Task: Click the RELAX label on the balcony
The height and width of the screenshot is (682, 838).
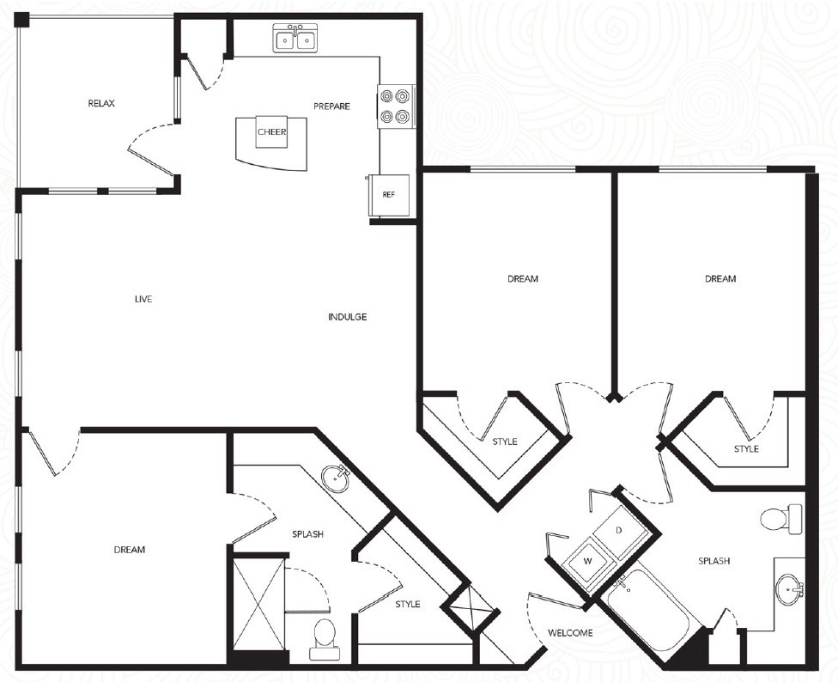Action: pos(101,104)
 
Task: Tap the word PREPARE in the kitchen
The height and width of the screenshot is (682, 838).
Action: pos(331,107)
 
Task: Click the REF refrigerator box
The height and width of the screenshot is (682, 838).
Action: pos(389,195)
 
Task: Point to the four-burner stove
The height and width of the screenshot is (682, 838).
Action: pos(396,107)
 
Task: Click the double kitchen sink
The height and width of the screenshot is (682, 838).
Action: pos(295,39)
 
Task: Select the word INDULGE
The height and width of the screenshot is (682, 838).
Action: pos(347,317)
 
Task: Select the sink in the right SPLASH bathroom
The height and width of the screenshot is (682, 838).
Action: pos(787,590)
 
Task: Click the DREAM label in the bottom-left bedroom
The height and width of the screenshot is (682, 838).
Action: pos(129,550)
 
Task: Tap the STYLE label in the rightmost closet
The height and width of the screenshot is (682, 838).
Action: pos(746,449)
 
